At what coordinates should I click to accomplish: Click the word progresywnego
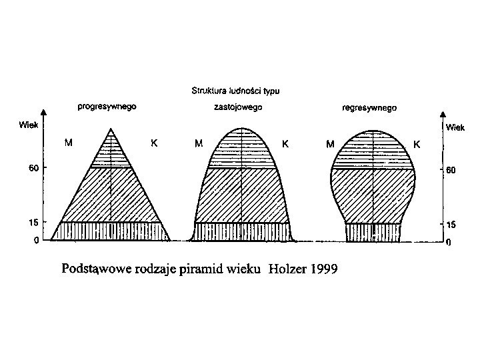click(x=108, y=107)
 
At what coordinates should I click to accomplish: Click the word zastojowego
click(x=238, y=107)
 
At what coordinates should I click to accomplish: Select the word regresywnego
click(x=369, y=107)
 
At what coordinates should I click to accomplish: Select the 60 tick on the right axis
click(x=451, y=170)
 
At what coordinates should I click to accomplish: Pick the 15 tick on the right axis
click(x=451, y=225)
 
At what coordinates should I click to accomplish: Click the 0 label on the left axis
click(x=36, y=241)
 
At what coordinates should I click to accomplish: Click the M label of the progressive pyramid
click(x=67, y=143)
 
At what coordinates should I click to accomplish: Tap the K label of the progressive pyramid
click(x=154, y=143)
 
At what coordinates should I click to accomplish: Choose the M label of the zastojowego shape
click(x=198, y=143)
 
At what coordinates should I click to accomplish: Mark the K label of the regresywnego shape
click(x=417, y=143)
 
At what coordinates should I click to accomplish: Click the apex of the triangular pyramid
click(x=111, y=129)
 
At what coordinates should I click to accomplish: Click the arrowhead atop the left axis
click(x=43, y=113)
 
